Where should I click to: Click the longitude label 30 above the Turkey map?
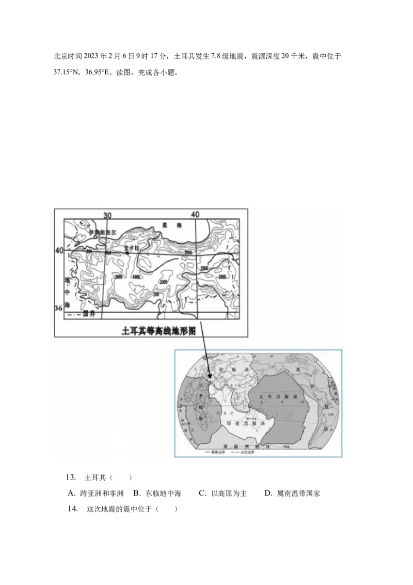point(107,215)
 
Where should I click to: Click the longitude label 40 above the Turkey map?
point(195,214)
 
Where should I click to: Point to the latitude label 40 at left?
point(59,250)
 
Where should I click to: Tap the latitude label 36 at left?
point(59,309)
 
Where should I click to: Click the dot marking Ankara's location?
point(127,252)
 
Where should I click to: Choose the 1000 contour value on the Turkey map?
point(137,277)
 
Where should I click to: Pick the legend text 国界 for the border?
point(89,314)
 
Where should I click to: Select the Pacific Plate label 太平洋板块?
point(278,397)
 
